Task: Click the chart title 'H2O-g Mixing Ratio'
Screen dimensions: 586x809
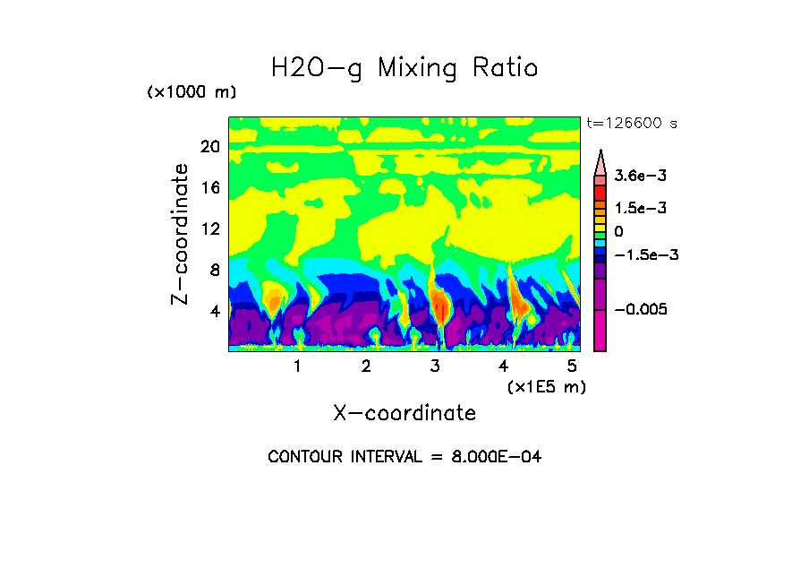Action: coord(404,68)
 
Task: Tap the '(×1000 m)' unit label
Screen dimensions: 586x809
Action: coord(192,92)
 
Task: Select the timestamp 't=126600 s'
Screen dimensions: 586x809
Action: coord(631,124)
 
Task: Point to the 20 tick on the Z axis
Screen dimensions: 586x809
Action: coord(209,146)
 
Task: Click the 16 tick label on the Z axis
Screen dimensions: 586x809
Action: coord(209,187)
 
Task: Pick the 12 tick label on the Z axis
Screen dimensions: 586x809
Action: coord(209,228)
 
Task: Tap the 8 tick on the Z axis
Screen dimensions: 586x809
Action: coord(214,270)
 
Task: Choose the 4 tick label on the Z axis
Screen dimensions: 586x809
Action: coord(214,311)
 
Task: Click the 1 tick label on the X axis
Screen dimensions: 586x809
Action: coord(297,366)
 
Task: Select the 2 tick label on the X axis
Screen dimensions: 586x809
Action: coord(366,366)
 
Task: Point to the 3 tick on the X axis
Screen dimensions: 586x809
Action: coord(435,366)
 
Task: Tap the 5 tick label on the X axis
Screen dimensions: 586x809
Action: coord(572,366)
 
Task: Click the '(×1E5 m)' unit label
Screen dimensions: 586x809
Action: coord(546,386)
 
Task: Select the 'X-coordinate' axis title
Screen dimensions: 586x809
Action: coord(404,413)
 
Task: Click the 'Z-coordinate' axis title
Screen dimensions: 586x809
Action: coord(181,234)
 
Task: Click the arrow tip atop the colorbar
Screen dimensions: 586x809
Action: coord(600,153)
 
